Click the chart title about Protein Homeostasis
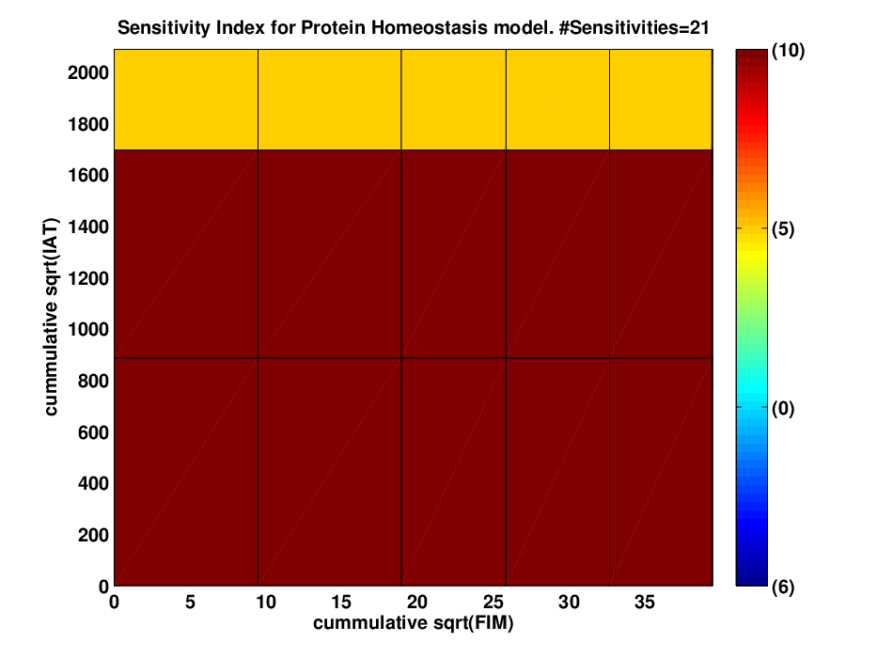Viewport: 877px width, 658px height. tap(414, 27)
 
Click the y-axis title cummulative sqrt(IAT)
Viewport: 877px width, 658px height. tap(51, 317)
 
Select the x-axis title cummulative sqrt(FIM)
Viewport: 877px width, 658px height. tap(414, 622)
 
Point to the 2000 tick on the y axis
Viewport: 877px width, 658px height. tap(87, 72)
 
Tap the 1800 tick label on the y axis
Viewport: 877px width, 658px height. tap(87, 124)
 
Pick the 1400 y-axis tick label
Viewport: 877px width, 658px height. tap(87, 227)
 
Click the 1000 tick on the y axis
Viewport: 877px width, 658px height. tap(87, 330)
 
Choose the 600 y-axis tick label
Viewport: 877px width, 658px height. tap(93, 432)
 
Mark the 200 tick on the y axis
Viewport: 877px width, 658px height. tap(93, 536)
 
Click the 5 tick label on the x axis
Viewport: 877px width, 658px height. tap(190, 602)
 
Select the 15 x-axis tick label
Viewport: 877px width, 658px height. tap(341, 602)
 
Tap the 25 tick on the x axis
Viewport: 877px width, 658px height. tap(493, 602)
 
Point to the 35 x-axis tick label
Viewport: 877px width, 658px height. tap(645, 602)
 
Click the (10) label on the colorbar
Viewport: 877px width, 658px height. tap(788, 51)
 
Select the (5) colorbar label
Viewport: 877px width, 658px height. tap(783, 228)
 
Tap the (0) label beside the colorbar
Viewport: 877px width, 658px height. tap(783, 408)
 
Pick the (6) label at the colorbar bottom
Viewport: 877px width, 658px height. tap(783, 587)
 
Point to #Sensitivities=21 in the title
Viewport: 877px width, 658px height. tap(634, 27)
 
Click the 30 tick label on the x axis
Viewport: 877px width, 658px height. tap(569, 602)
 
